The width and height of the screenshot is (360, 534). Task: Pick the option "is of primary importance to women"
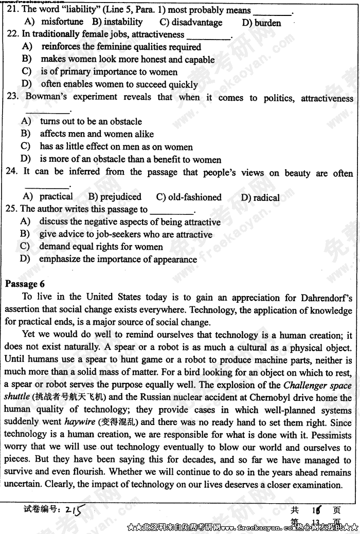point(109,72)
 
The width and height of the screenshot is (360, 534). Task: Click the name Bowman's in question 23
point(47,97)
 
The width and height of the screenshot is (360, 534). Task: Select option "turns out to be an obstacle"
point(91,121)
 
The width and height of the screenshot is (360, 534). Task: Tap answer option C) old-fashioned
point(189,197)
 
